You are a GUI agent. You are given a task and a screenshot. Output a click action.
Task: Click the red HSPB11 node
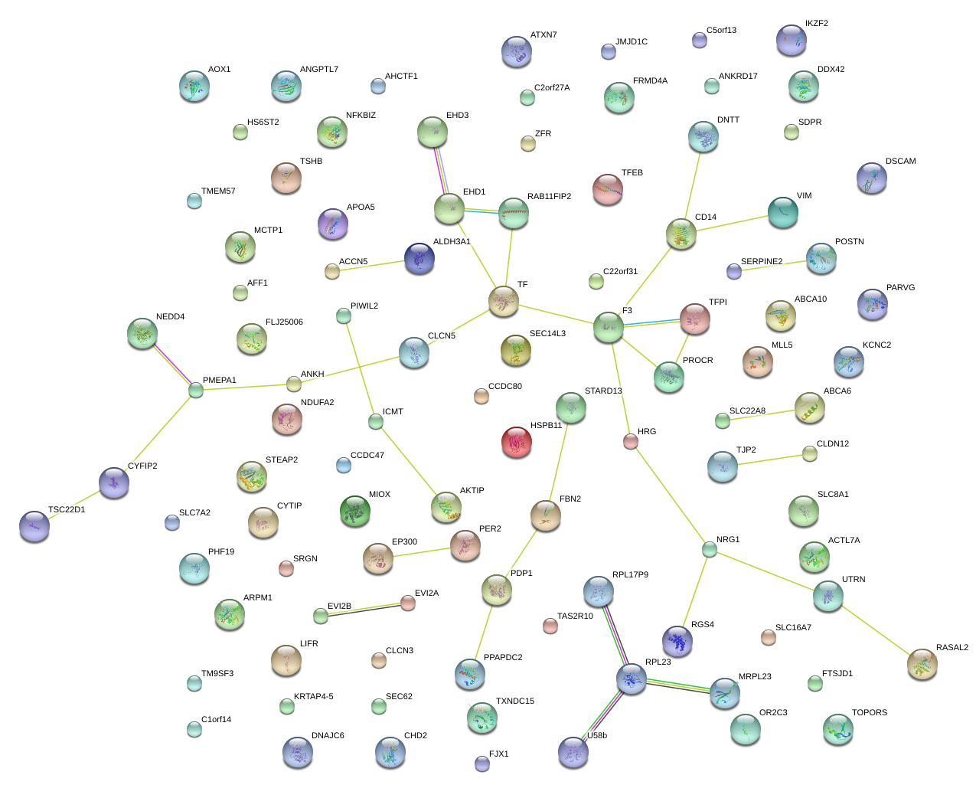[517, 442]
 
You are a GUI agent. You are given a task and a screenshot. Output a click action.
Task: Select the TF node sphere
[504, 301]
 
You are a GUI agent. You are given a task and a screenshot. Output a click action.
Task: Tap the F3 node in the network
[609, 327]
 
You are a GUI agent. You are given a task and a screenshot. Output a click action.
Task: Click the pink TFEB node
[608, 189]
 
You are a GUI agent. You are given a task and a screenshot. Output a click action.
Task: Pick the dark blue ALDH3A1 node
[419, 258]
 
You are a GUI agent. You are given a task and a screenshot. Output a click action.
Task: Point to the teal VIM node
[782, 212]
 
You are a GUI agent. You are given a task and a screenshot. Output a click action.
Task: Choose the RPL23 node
[632, 678]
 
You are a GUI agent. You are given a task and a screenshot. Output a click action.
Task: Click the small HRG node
[631, 440]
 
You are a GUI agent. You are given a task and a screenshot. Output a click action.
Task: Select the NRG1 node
[710, 549]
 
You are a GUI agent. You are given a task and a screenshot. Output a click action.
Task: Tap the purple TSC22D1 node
[34, 525]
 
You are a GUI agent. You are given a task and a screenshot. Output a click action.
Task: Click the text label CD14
[706, 217]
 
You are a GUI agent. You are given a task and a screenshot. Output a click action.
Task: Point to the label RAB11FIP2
[549, 197]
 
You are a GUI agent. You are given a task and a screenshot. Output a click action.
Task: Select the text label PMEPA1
[220, 381]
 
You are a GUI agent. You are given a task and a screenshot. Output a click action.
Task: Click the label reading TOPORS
[870, 713]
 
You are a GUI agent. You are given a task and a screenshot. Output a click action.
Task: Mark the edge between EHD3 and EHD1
[441, 170]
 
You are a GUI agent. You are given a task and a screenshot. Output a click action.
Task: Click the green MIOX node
[355, 511]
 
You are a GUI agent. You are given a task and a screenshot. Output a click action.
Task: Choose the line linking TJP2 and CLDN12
[766, 460]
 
